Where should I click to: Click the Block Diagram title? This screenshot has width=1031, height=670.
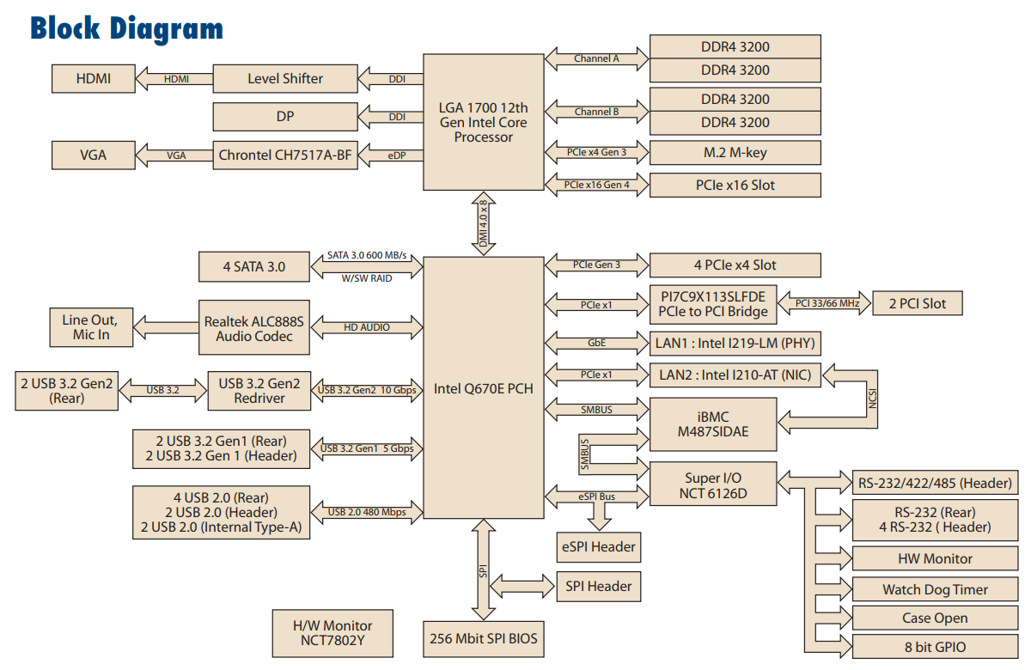[x=127, y=28]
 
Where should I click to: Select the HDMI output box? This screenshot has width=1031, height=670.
[x=94, y=79]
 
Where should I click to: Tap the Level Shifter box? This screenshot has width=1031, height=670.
[x=285, y=79]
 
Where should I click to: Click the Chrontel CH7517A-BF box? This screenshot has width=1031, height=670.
[x=286, y=155]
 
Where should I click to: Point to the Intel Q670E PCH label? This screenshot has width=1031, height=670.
[x=483, y=388]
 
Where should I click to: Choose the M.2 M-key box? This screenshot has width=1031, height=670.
[x=735, y=153]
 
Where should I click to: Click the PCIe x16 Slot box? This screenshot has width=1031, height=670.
[x=735, y=185]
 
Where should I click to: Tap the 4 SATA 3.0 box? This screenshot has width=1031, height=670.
[x=253, y=266]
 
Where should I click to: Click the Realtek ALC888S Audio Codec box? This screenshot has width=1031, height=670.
[x=254, y=328]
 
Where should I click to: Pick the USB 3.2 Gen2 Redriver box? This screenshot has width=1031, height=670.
[x=259, y=391]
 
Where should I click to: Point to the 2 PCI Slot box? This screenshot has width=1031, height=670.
[x=917, y=303]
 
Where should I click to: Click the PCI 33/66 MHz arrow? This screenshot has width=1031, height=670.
[x=825, y=303]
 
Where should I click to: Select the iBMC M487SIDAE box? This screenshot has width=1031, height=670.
[x=712, y=424]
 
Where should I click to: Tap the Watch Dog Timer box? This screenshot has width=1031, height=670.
[x=935, y=589]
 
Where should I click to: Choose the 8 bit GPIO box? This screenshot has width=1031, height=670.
[x=935, y=647]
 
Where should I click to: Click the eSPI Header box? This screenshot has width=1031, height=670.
[x=598, y=546]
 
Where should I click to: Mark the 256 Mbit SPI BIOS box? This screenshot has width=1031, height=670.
[x=485, y=639]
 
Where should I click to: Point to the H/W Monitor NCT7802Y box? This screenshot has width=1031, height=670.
[x=334, y=633]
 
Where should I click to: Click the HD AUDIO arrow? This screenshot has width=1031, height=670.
[x=367, y=327]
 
